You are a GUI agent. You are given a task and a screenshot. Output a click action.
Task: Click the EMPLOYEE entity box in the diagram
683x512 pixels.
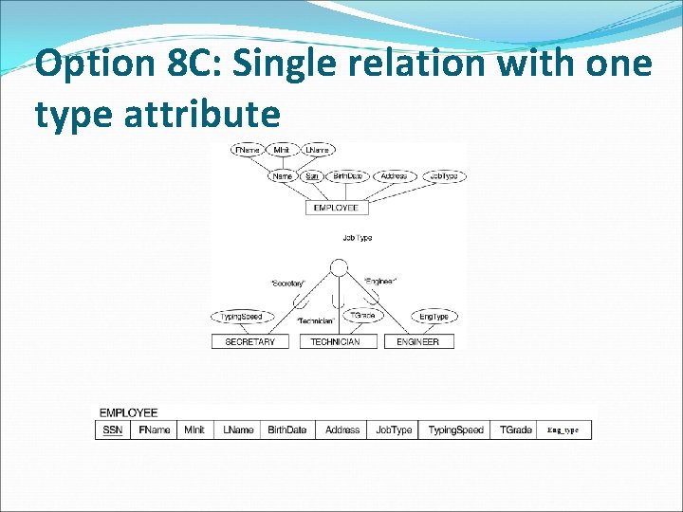(336, 208)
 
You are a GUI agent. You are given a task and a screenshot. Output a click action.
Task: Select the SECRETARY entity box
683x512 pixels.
(249, 341)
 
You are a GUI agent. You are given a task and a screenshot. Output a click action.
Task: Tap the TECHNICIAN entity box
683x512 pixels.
(335, 341)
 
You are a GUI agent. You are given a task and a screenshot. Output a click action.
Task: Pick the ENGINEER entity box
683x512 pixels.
(418, 341)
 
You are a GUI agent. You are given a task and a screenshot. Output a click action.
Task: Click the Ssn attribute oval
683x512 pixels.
(312, 176)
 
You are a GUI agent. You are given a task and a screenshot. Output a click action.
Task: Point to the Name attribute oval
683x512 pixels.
(282, 176)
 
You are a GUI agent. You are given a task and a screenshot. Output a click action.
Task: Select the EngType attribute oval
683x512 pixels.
(434, 317)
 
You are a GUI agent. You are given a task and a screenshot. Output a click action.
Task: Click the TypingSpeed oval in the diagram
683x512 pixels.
(242, 317)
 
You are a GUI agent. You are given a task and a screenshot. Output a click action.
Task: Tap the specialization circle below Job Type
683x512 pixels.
(336, 267)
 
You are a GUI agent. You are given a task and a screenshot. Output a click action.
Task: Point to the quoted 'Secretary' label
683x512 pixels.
(287, 283)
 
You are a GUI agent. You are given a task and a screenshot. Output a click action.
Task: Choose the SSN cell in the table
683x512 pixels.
(113, 430)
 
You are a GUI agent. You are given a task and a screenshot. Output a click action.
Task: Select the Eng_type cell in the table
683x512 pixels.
(563, 430)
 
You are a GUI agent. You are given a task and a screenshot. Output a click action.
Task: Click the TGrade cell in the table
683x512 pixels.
(516, 430)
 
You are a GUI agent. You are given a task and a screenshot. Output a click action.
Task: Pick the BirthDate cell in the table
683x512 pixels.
(287, 430)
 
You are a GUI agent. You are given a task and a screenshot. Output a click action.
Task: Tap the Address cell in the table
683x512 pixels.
(342, 430)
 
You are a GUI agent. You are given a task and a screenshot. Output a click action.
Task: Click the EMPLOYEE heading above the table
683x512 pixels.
(128, 412)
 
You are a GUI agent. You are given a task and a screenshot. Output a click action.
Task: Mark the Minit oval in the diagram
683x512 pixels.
(282, 150)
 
